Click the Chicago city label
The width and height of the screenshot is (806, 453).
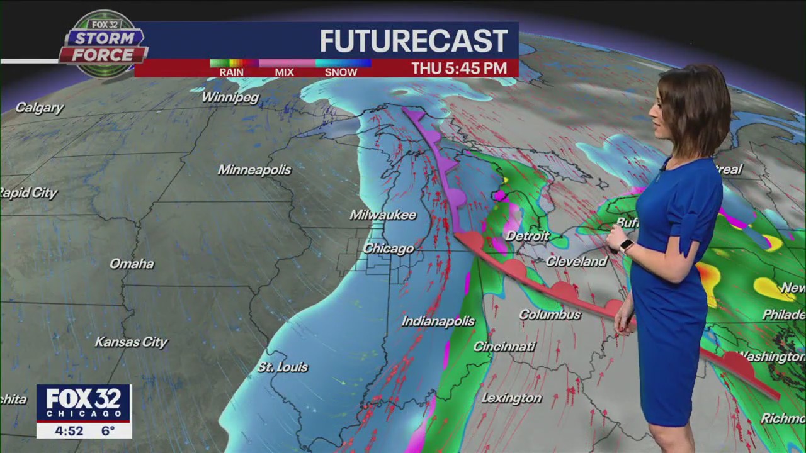(389, 249)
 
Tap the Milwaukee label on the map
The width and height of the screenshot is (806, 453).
(383, 215)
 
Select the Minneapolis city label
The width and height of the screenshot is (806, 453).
(254, 170)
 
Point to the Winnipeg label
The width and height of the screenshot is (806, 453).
(230, 98)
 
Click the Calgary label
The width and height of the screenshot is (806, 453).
(40, 108)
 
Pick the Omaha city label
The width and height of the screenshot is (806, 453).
(132, 264)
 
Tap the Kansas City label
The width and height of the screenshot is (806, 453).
(131, 342)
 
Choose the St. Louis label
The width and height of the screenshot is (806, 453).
(283, 367)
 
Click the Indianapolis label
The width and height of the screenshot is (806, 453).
(438, 322)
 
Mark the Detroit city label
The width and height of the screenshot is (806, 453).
(528, 237)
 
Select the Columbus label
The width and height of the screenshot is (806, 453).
(550, 315)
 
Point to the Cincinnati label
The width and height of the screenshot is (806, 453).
(504, 347)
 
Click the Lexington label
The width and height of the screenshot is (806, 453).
(511, 398)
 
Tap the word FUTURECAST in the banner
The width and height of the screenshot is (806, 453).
(414, 42)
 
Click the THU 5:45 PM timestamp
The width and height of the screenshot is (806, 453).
(459, 69)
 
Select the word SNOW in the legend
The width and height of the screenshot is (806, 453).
(341, 72)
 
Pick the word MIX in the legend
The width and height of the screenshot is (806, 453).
(284, 72)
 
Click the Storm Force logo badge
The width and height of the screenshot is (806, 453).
(103, 45)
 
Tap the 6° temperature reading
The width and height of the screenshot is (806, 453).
(108, 431)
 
